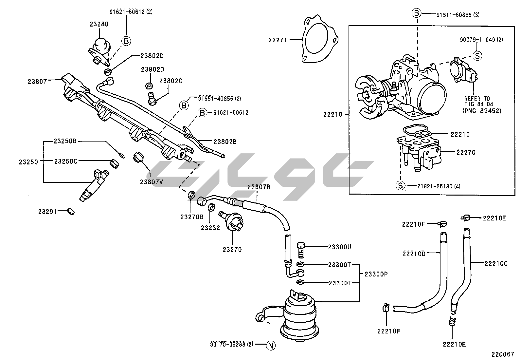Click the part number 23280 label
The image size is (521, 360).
pos(99,24)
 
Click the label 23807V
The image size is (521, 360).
pos(151,182)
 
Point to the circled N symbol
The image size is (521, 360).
pos(271,345)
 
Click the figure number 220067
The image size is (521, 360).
pos(502,354)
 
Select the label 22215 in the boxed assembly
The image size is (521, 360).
pos(460,134)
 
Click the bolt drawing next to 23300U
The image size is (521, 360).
pos(301,250)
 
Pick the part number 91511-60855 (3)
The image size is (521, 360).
pos(458,14)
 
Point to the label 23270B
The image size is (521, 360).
pos(191,217)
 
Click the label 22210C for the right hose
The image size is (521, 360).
pos(496,263)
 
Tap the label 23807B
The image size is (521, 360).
pos(259,187)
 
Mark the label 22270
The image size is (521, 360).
pos(466,152)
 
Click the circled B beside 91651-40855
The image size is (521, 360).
pos(184,105)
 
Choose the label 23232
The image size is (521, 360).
pos(210,228)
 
